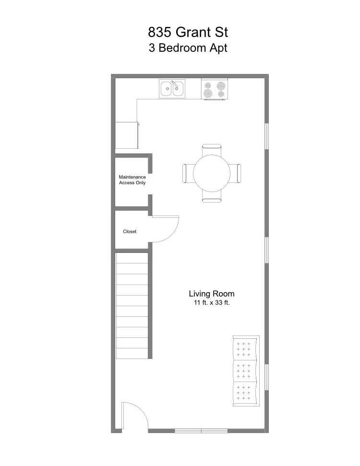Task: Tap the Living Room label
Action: click(x=211, y=294)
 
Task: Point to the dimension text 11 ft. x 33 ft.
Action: click(x=211, y=303)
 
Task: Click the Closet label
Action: click(x=130, y=231)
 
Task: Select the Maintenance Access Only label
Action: click(x=132, y=180)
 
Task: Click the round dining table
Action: click(x=212, y=173)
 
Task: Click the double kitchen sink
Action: click(x=172, y=88)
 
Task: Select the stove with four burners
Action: click(x=215, y=89)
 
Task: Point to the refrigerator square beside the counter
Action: click(x=127, y=135)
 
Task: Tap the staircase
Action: click(x=132, y=306)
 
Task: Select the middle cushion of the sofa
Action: click(x=244, y=371)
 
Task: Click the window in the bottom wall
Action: click(x=201, y=430)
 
